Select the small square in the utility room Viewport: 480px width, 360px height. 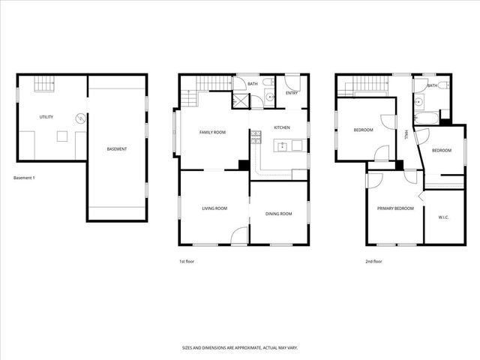(63, 136)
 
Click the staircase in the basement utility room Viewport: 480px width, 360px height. (46, 84)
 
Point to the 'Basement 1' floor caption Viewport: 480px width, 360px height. (24, 178)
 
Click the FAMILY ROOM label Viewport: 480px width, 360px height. (212, 132)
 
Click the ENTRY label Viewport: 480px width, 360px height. (292, 93)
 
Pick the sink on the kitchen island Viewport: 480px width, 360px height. (283, 145)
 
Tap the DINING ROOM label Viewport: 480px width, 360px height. (278, 214)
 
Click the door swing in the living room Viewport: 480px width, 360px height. (238, 235)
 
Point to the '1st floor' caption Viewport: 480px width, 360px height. (187, 262)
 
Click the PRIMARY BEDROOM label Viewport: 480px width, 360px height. (395, 208)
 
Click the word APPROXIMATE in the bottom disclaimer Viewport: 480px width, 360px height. (239, 348)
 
